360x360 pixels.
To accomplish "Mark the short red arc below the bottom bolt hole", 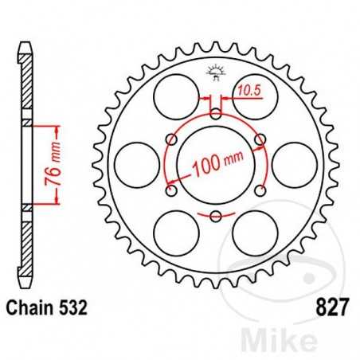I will [x=215, y=217].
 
